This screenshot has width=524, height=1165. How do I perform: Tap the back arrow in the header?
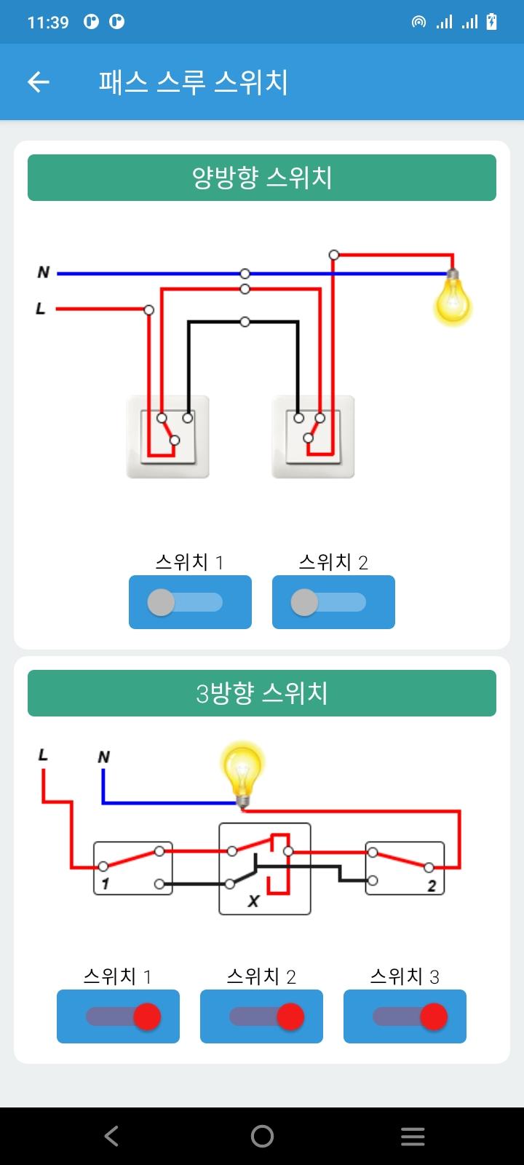(39, 82)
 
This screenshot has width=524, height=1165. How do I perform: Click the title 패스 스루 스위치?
(194, 82)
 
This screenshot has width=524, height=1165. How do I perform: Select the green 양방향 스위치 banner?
(262, 178)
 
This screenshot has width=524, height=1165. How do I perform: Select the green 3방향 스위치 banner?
(262, 692)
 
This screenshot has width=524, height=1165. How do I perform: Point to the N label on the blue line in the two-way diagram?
(43, 272)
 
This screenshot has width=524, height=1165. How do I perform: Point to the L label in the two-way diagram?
(41, 309)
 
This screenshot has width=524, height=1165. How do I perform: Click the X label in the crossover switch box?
(254, 901)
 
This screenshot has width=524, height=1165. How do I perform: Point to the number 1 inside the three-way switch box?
(106, 884)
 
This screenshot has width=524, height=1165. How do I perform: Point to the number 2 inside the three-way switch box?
(432, 885)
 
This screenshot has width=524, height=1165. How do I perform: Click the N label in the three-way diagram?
(104, 757)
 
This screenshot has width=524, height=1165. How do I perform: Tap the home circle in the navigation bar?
(262, 1136)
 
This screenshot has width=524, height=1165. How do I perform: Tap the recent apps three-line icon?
(413, 1137)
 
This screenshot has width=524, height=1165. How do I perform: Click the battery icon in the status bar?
(491, 21)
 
